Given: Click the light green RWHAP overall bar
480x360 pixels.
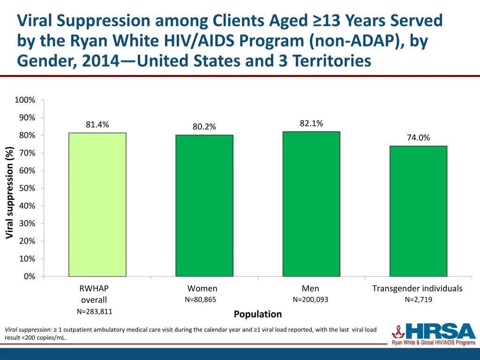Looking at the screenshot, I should (97, 204).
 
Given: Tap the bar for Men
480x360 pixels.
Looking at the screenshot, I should (311, 204).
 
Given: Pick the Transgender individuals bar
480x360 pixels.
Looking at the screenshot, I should (418, 211).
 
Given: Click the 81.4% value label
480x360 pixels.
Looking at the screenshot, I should (97, 125).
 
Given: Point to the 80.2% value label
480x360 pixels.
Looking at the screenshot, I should (204, 127).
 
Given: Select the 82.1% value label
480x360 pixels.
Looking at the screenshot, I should (311, 123).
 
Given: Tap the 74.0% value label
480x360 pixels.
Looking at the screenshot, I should (418, 138).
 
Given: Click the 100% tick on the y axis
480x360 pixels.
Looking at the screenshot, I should (25, 100).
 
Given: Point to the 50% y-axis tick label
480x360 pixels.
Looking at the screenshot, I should (27, 188).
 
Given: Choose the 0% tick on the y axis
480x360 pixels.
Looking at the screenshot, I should (29, 277).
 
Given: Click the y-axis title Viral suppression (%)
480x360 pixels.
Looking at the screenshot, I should (10, 192).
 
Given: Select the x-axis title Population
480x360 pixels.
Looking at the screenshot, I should (258, 314).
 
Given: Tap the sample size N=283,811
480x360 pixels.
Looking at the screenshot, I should (94, 311).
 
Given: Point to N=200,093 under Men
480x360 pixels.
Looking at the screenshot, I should (310, 300).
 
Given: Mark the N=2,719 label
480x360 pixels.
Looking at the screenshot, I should (418, 300).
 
